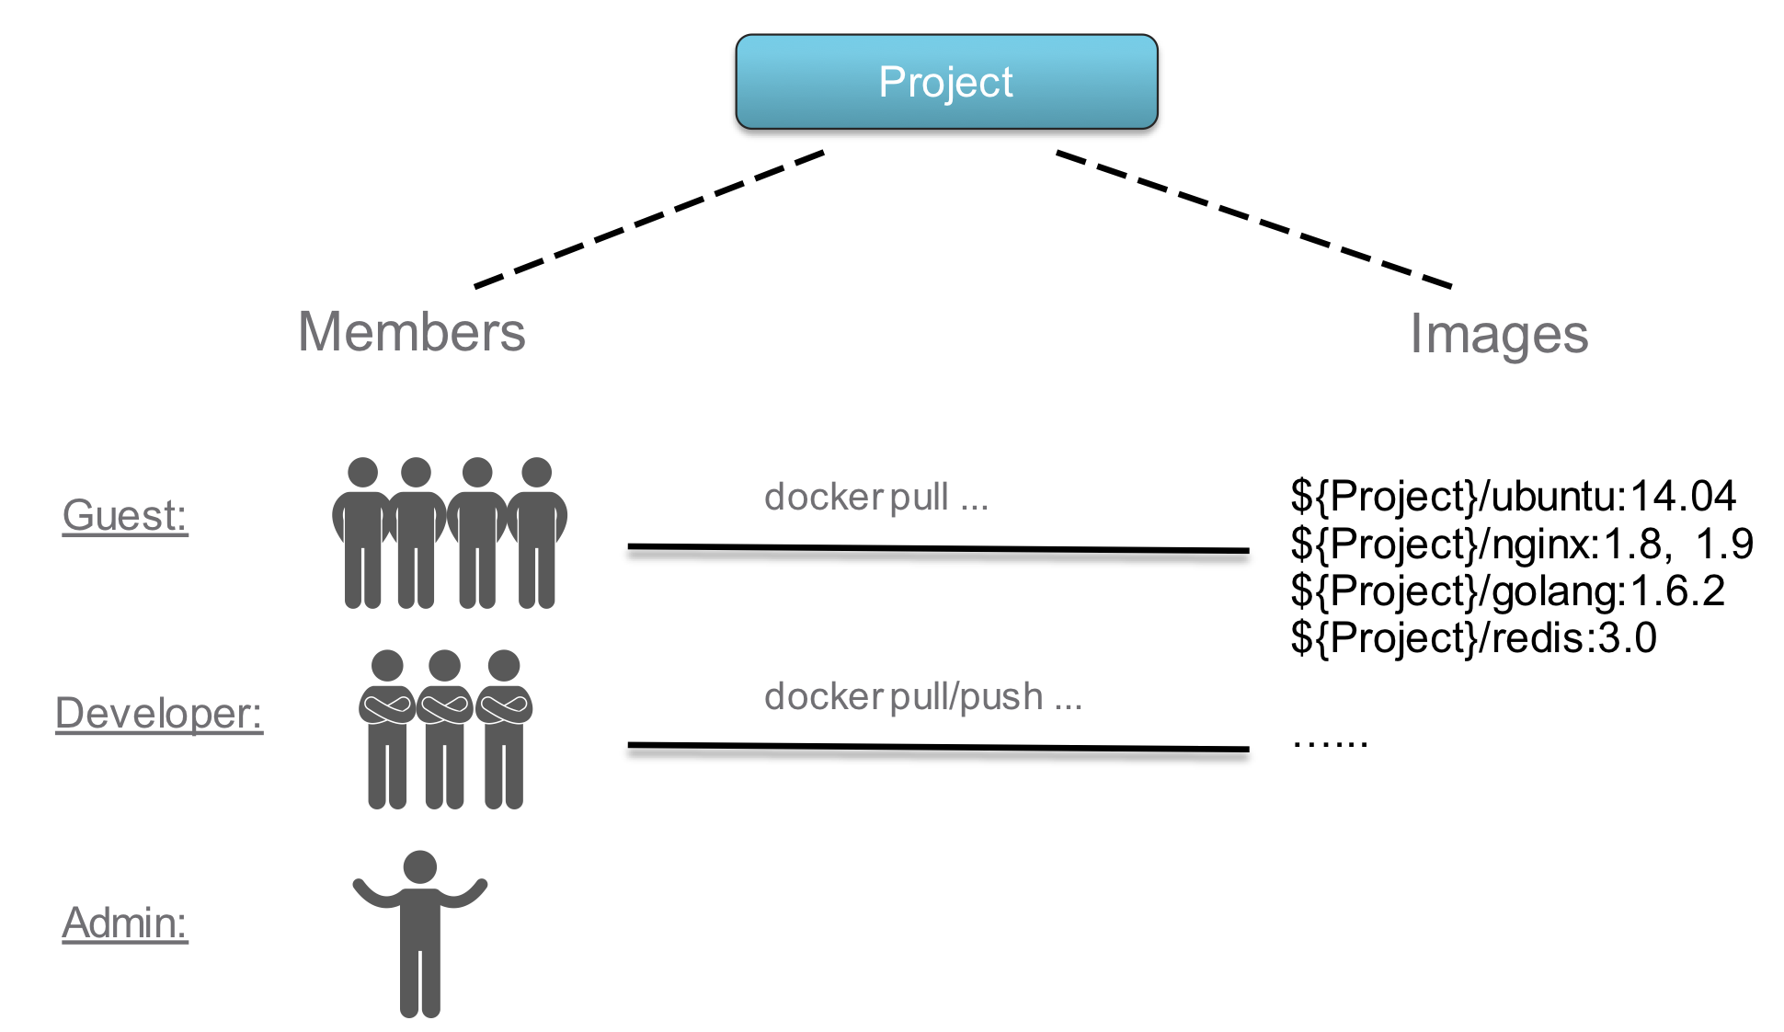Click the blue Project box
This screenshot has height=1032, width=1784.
click(945, 82)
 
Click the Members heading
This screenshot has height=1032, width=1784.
click(411, 332)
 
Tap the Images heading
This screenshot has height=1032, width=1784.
click(1498, 335)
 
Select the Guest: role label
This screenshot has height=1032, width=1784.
click(125, 515)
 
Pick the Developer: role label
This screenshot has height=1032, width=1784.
click(158, 714)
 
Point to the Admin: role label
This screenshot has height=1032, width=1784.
click(125, 923)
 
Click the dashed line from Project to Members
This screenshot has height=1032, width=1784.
click(648, 219)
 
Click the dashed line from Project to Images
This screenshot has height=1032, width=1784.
click(1252, 219)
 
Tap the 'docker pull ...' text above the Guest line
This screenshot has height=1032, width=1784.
click(875, 498)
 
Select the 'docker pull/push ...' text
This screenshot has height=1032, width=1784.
click(922, 697)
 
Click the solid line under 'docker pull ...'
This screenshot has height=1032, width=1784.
click(938, 549)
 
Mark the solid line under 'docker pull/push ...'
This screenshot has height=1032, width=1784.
click(938, 747)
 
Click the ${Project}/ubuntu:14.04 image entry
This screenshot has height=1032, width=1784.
click(1512, 497)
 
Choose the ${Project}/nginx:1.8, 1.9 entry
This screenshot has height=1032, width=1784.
click(1521, 545)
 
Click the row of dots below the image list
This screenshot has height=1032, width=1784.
click(1330, 743)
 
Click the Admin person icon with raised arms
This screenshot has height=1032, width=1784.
click(420, 934)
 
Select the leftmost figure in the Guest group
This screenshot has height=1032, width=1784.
click(362, 533)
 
